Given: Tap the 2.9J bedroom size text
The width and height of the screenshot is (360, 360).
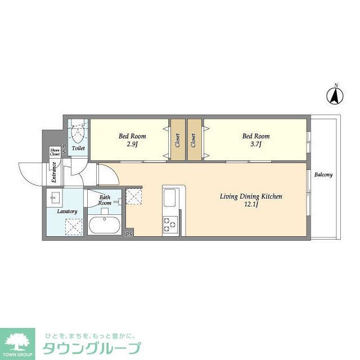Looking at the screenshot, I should (x=132, y=145).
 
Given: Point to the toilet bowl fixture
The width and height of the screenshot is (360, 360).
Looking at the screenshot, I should (x=78, y=133).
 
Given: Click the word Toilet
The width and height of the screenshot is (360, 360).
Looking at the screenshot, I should (x=78, y=148).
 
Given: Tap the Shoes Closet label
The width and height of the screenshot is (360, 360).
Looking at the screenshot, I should (x=55, y=151).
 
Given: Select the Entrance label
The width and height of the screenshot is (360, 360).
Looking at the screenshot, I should (x=54, y=172).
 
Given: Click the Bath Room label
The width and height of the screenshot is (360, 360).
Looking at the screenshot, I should (x=105, y=200).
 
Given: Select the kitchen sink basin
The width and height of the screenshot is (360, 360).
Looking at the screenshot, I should (x=170, y=199).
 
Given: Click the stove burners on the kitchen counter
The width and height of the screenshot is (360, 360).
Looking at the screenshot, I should (x=170, y=224).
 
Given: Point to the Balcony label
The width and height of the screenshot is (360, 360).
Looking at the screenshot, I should (x=323, y=174).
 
